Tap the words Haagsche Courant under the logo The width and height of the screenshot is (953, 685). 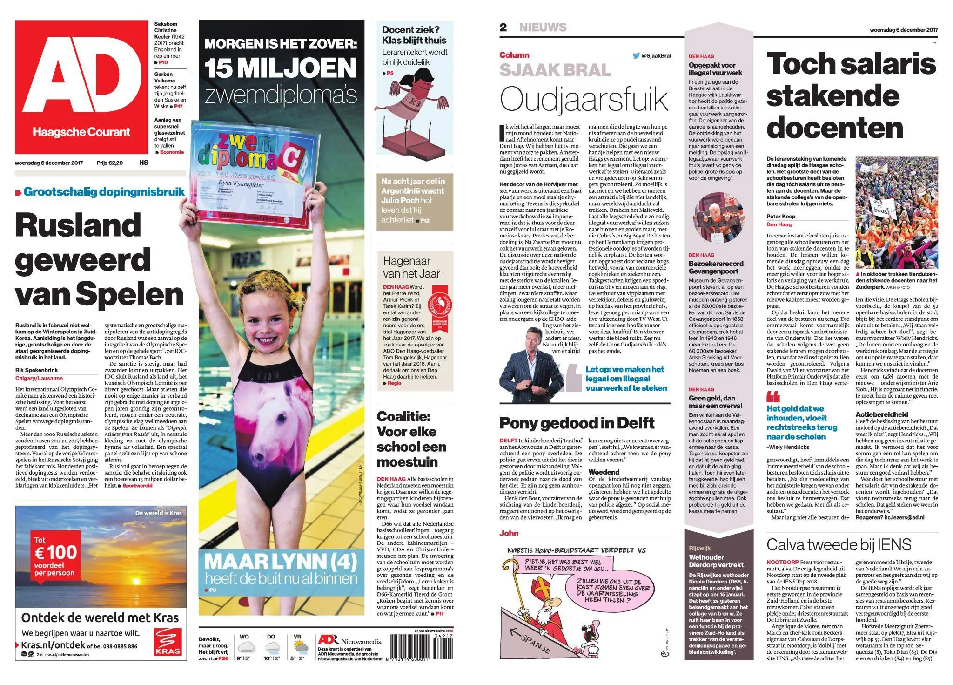81,132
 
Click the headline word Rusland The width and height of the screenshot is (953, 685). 78,225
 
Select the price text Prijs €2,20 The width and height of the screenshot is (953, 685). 109,163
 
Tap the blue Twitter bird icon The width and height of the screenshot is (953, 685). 636,56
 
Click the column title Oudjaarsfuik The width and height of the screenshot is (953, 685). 584,100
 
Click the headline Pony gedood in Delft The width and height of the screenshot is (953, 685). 577,423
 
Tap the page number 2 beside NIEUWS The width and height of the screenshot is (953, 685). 503,27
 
